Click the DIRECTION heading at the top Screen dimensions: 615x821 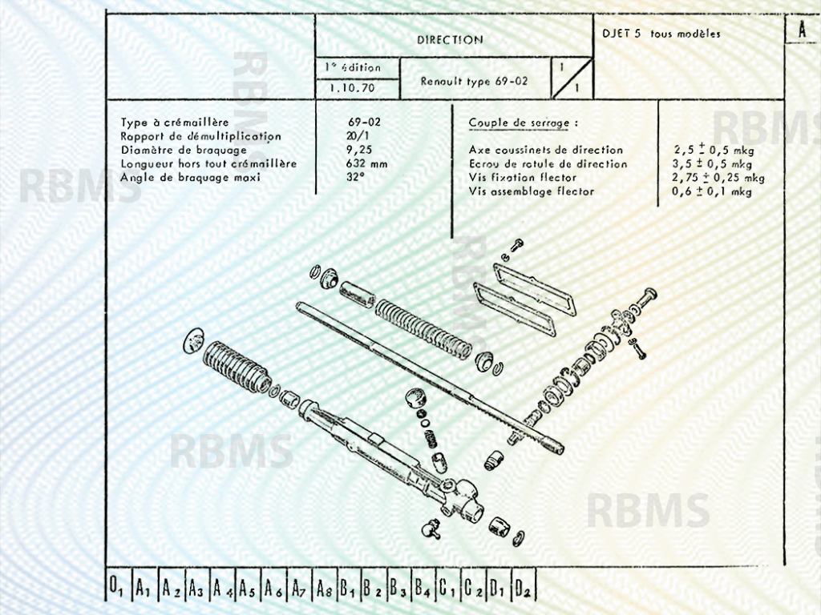450,39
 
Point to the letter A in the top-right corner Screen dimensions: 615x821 801,30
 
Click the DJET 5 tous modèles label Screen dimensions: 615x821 661,34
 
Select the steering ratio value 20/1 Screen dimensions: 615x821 350,136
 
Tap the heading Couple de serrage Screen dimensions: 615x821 523,123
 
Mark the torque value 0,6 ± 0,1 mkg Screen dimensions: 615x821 712,191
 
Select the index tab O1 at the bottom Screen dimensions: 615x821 117,589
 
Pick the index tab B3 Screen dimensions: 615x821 398,589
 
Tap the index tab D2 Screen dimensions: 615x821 524,589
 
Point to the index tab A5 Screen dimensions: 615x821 247,589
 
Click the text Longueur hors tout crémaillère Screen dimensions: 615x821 208,163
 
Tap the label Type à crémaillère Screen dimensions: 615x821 175,123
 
